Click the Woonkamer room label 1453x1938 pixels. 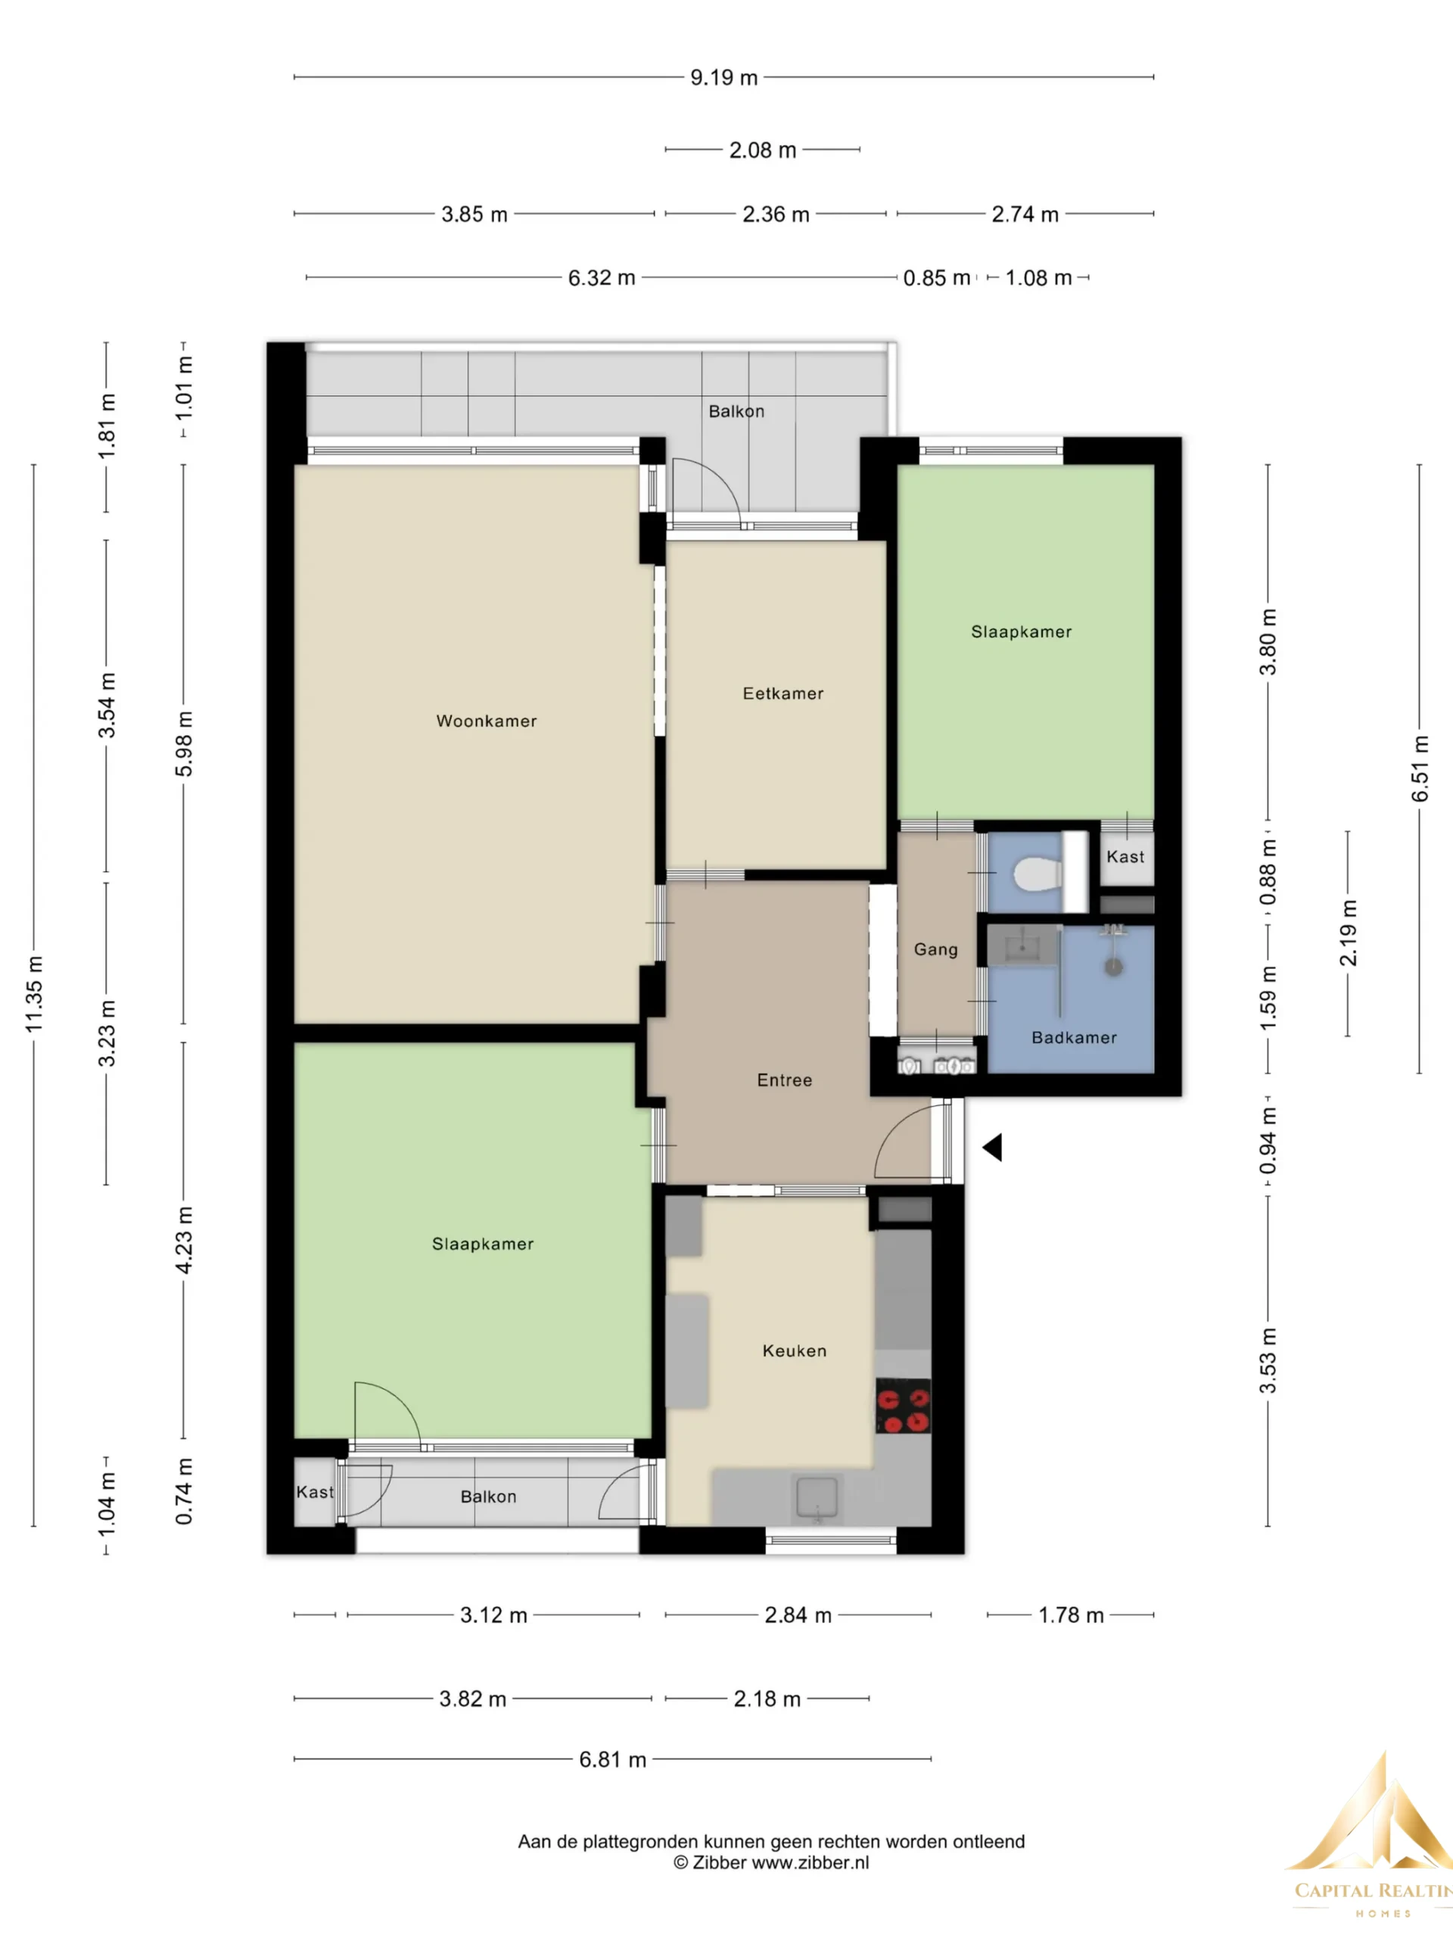coord(486,721)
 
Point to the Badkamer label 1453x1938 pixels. coord(1074,1038)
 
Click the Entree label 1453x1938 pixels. coord(785,1080)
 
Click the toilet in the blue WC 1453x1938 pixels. coord(1038,874)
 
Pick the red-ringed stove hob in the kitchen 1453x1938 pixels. coord(904,1407)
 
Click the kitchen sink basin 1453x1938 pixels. coord(817,1497)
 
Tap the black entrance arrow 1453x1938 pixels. coord(992,1148)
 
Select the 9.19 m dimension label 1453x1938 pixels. coord(723,77)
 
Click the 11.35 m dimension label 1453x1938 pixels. coord(34,993)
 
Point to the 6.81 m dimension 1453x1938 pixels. coord(612,1759)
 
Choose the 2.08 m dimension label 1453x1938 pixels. coord(763,151)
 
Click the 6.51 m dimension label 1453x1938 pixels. coord(1420,768)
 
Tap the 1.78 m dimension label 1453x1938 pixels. coord(1071,1615)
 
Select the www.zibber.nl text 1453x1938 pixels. coord(811,1862)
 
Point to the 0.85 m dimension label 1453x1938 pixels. coord(936,278)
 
